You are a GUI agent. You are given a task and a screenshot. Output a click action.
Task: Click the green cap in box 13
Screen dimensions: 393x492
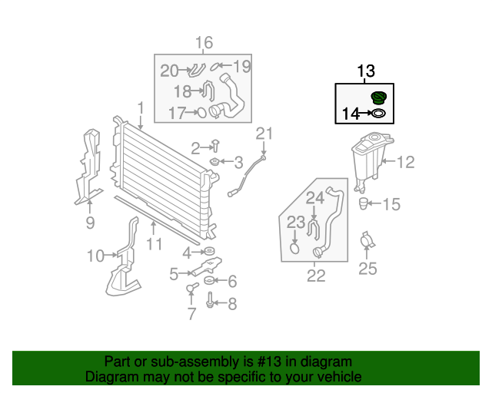coord(378,99)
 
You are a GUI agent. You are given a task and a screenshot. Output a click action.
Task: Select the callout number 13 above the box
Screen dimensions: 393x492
coord(365,71)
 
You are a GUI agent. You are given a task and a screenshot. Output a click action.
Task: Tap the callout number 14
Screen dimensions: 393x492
coord(351,114)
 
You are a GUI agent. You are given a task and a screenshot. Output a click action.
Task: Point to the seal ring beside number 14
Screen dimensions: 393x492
coord(378,115)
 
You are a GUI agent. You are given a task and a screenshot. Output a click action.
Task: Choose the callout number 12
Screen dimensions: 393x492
coord(405,162)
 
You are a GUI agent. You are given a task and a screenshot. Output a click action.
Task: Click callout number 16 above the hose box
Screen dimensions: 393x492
coord(203,42)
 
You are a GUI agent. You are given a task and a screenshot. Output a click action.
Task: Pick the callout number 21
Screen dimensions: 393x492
coord(264,135)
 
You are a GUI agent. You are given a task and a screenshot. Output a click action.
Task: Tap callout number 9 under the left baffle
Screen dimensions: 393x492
coord(90,223)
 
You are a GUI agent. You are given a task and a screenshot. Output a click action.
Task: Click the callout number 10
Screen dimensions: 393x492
coord(95,256)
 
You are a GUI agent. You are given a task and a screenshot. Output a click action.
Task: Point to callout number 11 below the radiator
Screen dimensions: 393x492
coord(155,244)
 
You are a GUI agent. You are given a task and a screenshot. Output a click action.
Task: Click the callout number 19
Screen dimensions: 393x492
coord(241,67)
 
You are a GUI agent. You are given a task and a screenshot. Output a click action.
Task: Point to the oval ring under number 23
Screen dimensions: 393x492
coord(294,247)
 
